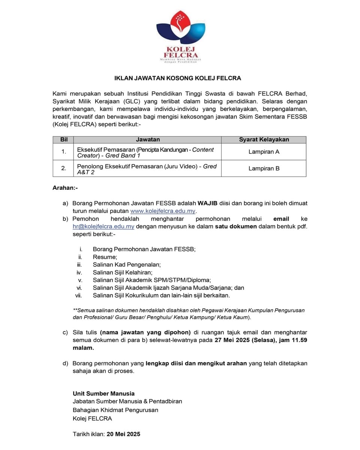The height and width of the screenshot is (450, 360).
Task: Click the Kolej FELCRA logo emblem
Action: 180,30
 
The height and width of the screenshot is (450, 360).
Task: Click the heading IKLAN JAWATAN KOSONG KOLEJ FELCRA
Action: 177,78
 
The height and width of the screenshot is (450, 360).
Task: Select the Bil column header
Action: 64,139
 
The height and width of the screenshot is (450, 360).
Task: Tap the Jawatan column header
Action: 148,139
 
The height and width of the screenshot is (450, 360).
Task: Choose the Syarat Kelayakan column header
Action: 264,139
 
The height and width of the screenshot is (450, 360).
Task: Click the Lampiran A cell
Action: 264,152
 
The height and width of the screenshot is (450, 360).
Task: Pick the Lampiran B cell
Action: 264,168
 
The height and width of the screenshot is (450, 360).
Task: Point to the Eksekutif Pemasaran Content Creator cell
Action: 145,152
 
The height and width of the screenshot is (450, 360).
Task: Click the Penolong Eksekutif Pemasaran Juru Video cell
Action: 147,169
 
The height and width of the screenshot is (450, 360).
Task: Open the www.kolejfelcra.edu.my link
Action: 163,211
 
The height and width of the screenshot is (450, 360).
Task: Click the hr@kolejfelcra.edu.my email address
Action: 103,226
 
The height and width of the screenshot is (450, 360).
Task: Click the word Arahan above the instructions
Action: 65,187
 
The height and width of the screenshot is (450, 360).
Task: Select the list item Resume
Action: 105,257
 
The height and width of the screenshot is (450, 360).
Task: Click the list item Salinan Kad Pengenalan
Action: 126,265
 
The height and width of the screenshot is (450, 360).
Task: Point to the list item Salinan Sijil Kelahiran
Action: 122,272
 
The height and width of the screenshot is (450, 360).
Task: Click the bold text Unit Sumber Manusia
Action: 103,393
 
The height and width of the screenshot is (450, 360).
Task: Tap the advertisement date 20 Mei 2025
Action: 123,434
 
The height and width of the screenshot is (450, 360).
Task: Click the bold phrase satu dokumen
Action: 235,226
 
